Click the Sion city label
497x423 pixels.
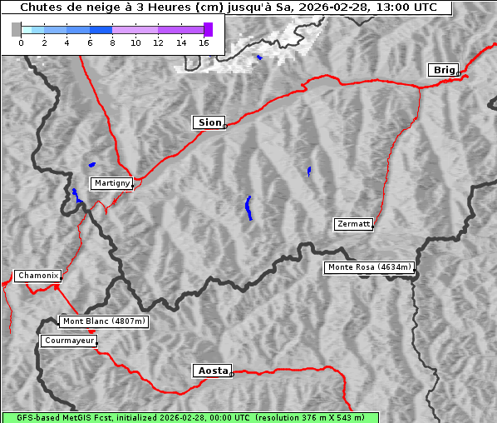[209, 122]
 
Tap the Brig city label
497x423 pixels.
[443, 70]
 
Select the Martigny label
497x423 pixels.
[111, 182]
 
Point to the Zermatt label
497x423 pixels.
[353, 224]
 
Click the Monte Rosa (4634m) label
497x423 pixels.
[369, 267]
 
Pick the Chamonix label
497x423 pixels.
[37, 276]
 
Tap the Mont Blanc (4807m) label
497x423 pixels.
[104, 321]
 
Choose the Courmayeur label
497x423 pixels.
[69, 341]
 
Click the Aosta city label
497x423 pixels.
[211, 371]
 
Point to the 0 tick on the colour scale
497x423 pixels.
[21, 42]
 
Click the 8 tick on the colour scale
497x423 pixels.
[112, 42]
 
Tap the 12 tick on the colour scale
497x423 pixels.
[158, 42]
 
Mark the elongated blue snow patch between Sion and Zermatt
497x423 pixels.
[248, 207]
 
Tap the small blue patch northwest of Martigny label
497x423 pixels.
[91, 164]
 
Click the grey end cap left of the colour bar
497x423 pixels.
[17, 29]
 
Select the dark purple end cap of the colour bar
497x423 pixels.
[208, 29]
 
